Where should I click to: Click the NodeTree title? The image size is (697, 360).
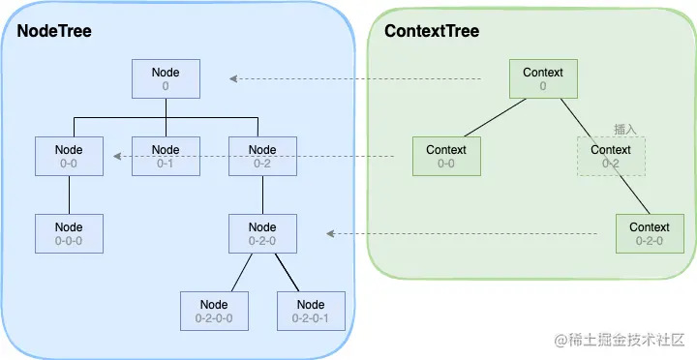[54, 31]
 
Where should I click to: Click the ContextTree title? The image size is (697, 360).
[432, 31]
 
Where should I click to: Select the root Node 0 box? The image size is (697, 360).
[166, 78]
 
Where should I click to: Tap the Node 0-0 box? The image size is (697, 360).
[69, 156]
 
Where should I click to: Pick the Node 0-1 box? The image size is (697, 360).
[166, 156]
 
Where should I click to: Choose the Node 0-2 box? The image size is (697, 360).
[262, 156]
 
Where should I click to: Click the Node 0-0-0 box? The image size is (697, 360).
[69, 233]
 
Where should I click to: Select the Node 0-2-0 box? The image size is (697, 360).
[262, 233]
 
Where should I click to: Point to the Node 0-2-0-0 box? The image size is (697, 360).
[214, 310]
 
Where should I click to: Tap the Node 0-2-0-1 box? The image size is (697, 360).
[310, 310]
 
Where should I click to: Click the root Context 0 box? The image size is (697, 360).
[543, 78]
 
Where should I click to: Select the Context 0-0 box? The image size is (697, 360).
[445, 156]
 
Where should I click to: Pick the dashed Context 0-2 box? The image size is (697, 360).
[611, 156]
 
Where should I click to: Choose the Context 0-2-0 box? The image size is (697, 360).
[649, 233]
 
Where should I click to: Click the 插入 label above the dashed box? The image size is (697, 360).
[623, 128]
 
